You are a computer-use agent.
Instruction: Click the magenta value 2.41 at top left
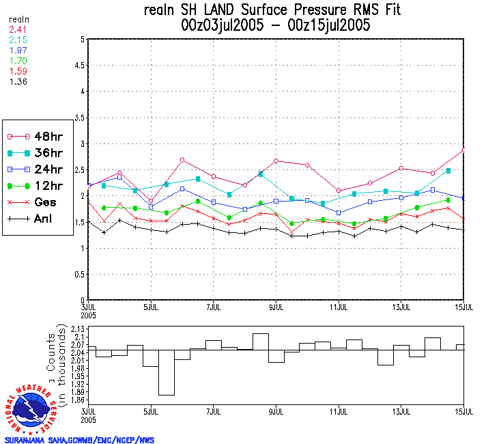[x=17, y=29]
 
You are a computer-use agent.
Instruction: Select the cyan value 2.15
[x=17, y=40]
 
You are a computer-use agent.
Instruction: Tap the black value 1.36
[x=17, y=81]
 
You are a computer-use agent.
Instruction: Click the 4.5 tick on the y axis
[x=80, y=66]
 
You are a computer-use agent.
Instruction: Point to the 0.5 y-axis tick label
[x=80, y=274]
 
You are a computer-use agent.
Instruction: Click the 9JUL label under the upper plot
[x=276, y=307]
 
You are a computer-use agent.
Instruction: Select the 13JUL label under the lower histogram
[x=401, y=412]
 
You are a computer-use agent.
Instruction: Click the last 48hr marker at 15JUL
[x=464, y=150]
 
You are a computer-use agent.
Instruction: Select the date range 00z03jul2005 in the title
[x=225, y=26]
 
